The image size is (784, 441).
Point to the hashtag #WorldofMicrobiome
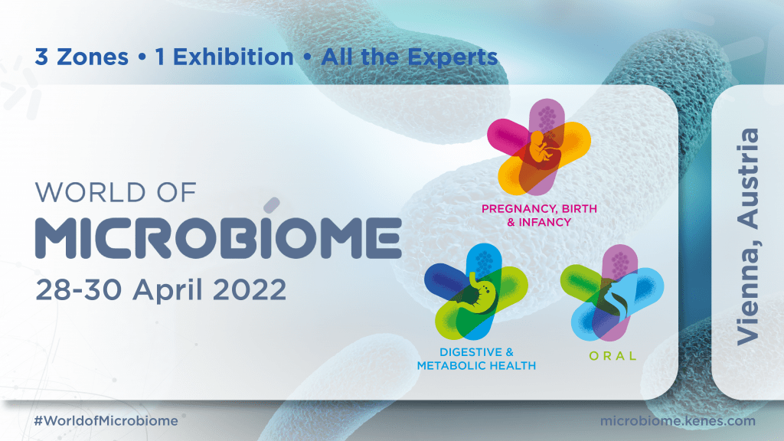coord(106,420)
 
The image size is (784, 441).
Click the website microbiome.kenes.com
coord(679,420)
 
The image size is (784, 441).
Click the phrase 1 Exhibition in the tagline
coord(224,57)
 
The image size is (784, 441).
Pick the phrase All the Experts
coord(410,57)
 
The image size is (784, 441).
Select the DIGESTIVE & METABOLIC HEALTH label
coord(475,359)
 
